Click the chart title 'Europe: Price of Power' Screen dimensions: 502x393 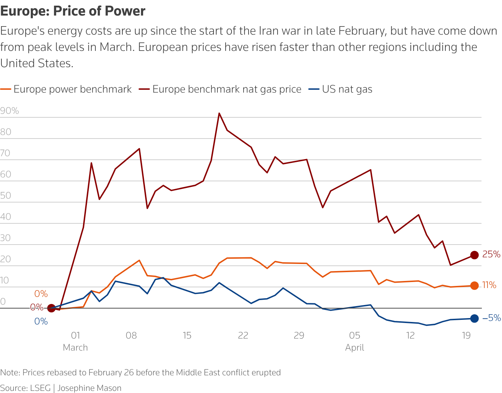tap(73, 11)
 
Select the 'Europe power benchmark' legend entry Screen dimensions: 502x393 tap(66, 89)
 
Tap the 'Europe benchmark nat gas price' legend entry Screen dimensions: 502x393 tap(220, 89)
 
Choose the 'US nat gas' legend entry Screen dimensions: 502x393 tap(340, 89)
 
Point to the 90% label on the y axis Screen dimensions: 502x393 tap(10, 111)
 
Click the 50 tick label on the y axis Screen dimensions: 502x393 tap(6, 195)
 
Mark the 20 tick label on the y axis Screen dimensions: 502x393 tap(6, 259)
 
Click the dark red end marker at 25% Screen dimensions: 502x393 tap(474, 255)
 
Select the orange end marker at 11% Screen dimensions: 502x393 tap(474, 286)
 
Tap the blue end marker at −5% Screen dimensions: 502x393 tap(474, 318)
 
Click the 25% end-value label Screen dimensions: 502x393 tap(491, 254)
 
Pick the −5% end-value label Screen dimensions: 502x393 tap(492, 318)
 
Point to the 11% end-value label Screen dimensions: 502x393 tap(489, 285)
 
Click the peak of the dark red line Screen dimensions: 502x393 tap(219, 113)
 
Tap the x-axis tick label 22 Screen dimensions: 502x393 tap(243, 335)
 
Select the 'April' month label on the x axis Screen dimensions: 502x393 tap(355, 348)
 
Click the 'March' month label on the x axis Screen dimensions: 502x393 tap(75, 347)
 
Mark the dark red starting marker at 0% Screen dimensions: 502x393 tap(51, 308)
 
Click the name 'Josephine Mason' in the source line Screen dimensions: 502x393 tap(89, 388)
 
